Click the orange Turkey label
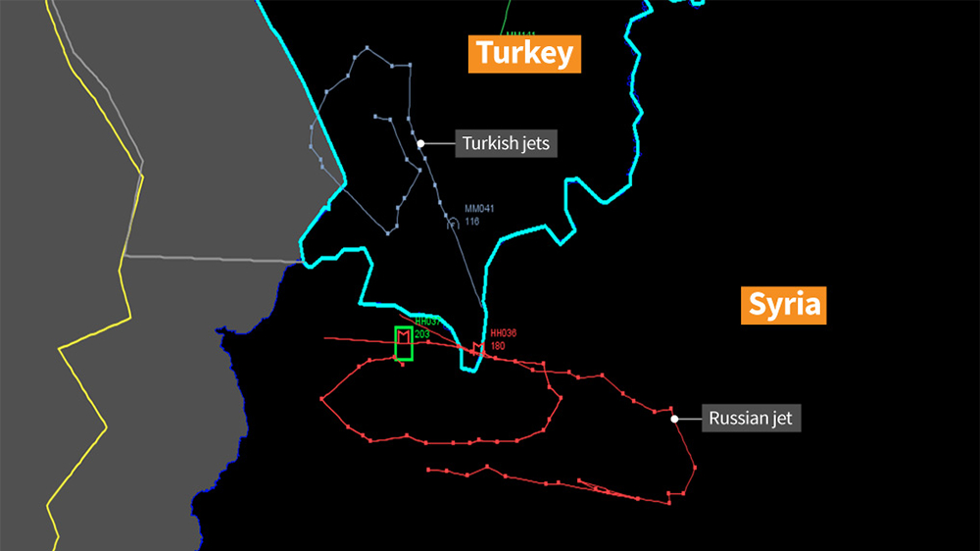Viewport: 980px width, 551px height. pos(523,53)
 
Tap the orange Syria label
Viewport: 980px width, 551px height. pos(783,305)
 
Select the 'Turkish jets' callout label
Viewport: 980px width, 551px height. pos(506,143)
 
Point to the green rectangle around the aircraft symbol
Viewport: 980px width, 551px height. pos(403,343)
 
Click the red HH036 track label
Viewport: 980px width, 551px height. pos(503,333)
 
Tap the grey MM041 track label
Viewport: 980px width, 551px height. pos(478,210)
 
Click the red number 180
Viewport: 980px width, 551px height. pos(498,345)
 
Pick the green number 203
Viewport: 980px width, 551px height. pos(422,334)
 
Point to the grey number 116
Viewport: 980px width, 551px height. pos(472,222)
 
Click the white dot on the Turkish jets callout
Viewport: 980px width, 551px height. pos(421,143)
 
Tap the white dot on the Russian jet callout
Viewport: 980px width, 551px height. pos(674,419)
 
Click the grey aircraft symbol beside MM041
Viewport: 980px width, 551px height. pos(453,224)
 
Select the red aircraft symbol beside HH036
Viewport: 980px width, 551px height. pos(478,348)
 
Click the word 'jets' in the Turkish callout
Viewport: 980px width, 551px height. pos(534,143)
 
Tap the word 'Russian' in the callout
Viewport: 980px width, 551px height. pos(735,419)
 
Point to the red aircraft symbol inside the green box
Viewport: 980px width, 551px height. pos(403,338)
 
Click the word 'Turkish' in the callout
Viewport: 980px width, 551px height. pos(491,143)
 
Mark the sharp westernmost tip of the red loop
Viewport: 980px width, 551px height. pos(321,398)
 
